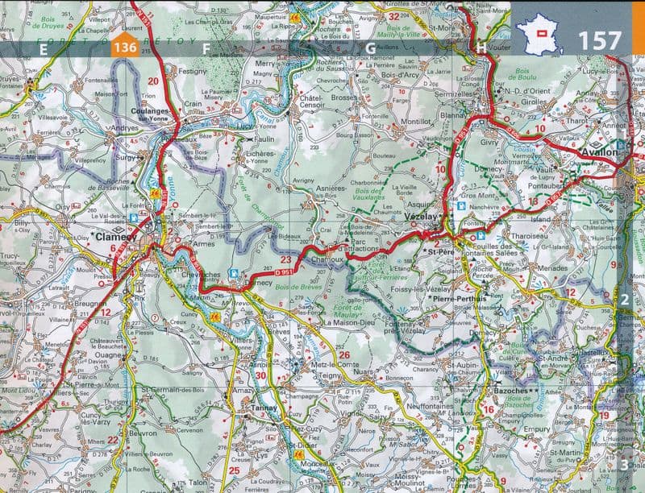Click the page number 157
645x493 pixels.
(599, 40)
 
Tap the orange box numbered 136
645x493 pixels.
(125, 48)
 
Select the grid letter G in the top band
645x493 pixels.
(370, 48)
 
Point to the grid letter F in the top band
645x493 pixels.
(206, 48)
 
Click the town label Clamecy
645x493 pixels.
(111, 238)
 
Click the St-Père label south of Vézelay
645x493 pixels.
(442, 252)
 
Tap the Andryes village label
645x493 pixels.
(125, 127)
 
